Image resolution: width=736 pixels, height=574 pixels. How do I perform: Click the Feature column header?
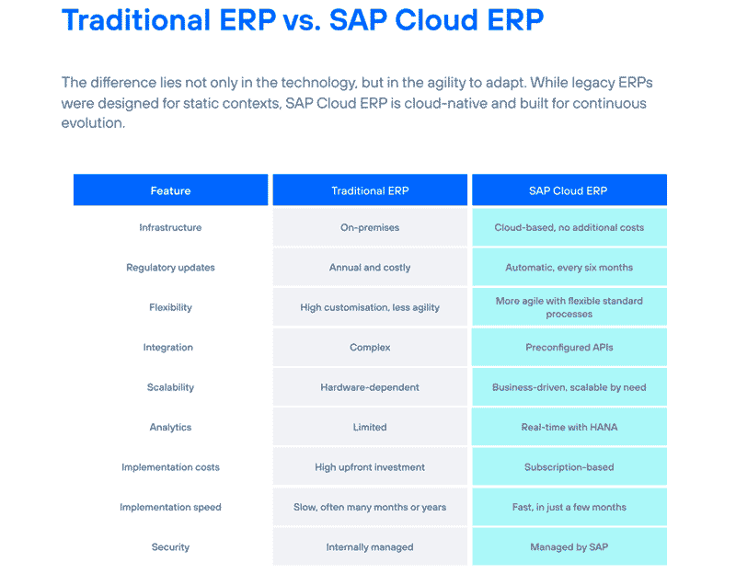click(170, 190)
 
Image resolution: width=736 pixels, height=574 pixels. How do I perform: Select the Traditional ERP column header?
click(370, 190)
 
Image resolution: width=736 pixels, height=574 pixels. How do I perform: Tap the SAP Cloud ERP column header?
click(569, 190)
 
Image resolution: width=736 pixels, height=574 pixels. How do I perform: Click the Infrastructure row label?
click(170, 227)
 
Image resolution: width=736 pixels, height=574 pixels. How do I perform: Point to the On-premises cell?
click(370, 227)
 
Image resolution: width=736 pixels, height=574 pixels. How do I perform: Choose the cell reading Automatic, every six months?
click(569, 268)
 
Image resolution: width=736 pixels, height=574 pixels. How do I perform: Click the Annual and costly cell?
click(370, 268)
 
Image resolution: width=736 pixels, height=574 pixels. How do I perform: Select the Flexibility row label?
click(170, 307)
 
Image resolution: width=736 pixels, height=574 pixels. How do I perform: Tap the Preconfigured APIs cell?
click(569, 348)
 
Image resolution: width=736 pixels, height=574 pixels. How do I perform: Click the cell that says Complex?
click(370, 348)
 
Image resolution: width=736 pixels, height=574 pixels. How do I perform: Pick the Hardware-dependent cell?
click(370, 387)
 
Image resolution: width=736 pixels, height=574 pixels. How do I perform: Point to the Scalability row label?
click(170, 387)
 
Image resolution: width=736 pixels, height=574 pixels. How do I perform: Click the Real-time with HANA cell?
click(569, 427)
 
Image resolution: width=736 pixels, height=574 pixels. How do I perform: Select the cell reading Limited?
click(370, 427)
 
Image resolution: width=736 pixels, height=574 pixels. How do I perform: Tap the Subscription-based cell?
click(569, 467)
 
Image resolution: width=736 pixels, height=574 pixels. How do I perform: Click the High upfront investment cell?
click(370, 467)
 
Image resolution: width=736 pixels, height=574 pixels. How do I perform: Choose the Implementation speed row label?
click(170, 508)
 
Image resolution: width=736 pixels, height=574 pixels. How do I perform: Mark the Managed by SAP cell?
click(569, 546)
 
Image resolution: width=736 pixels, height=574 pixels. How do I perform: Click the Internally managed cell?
click(370, 546)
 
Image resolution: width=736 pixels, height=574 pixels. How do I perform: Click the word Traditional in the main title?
click(135, 20)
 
